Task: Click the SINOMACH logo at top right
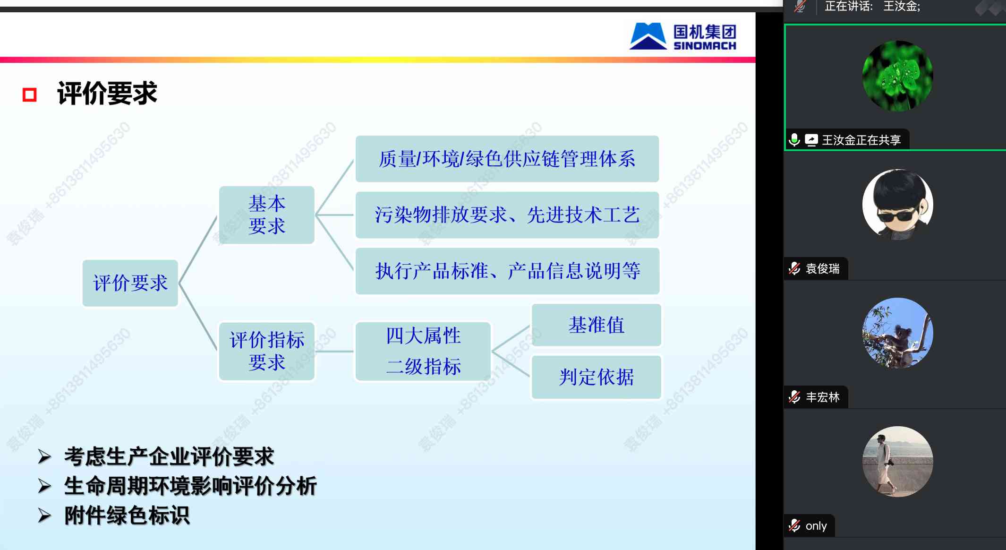(683, 36)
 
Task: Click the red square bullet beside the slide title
(30, 95)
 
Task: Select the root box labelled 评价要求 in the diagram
(130, 283)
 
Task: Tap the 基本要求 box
(267, 215)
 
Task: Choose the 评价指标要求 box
(267, 351)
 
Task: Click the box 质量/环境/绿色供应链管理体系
(507, 159)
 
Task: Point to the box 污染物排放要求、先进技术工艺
(507, 215)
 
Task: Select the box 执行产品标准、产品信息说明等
(507, 271)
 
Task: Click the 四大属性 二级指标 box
(423, 351)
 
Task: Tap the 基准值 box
(596, 325)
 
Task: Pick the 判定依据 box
(596, 377)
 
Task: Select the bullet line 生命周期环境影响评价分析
(178, 486)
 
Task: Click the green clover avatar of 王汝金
(897, 76)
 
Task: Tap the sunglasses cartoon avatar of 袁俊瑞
(897, 205)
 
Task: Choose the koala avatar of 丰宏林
(897, 333)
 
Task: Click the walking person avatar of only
(897, 462)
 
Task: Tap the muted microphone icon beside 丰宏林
(794, 397)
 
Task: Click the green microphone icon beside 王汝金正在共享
(794, 140)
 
